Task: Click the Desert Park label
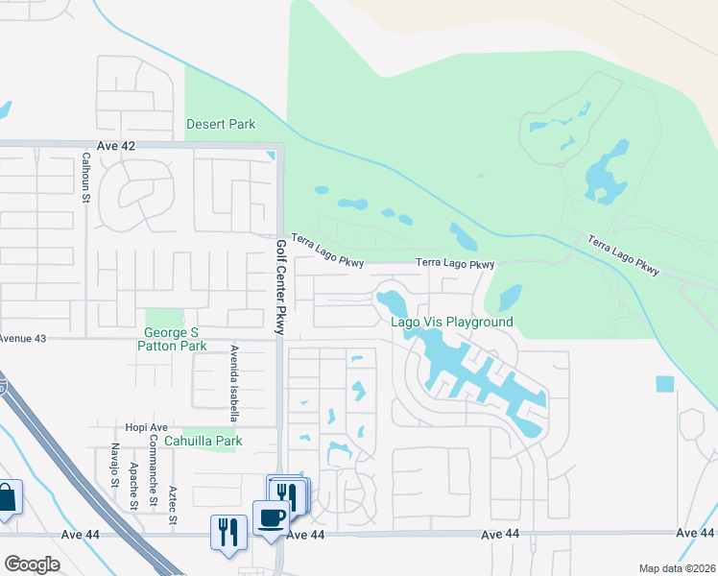pyautogui.click(x=221, y=125)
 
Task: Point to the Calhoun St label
pyautogui.click(x=84, y=180)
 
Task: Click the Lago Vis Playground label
pyautogui.click(x=451, y=323)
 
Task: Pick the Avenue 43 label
pyautogui.click(x=23, y=339)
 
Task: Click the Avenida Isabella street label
pyautogui.click(x=233, y=383)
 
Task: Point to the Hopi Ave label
pyautogui.click(x=146, y=427)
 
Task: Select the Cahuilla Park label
pyautogui.click(x=203, y=441)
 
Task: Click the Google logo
pyautogui.click(x=32, y=564)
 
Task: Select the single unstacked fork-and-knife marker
pyautogui.click(x=227, y=532)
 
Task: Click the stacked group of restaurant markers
pyautogui.click(x=288, y=493)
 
